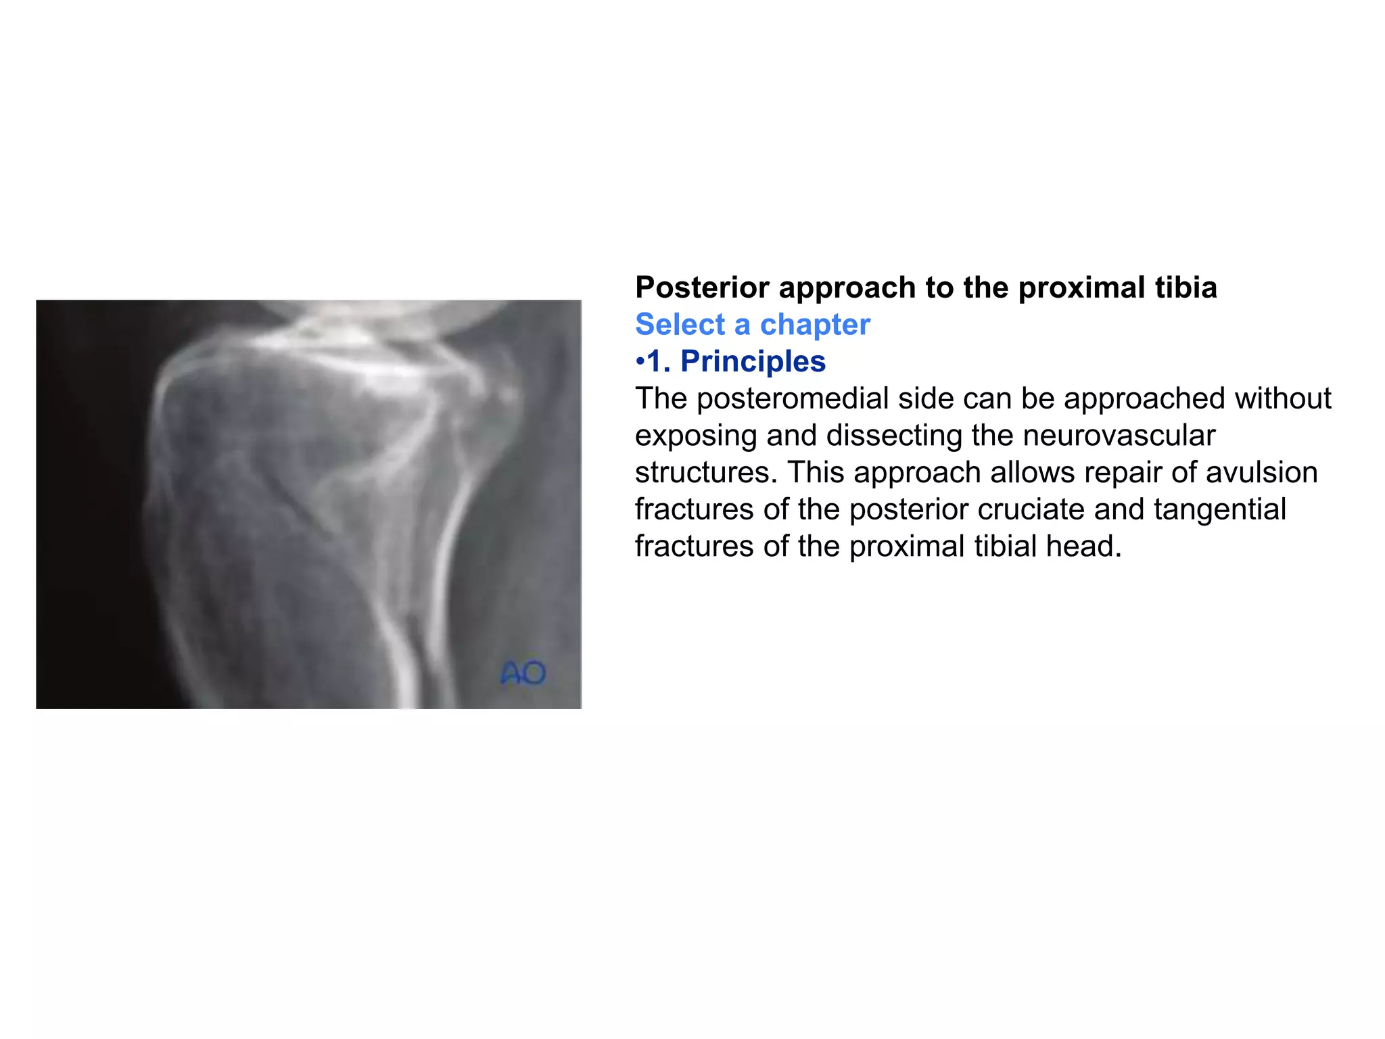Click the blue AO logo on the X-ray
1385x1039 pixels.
(x=523, y=673)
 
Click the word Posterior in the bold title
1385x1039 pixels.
(x=702, y=287)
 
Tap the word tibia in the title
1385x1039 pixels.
(x=1186, y=287)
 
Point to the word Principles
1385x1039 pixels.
(x=753, y=361)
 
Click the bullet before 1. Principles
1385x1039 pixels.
(x=640, y=362)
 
